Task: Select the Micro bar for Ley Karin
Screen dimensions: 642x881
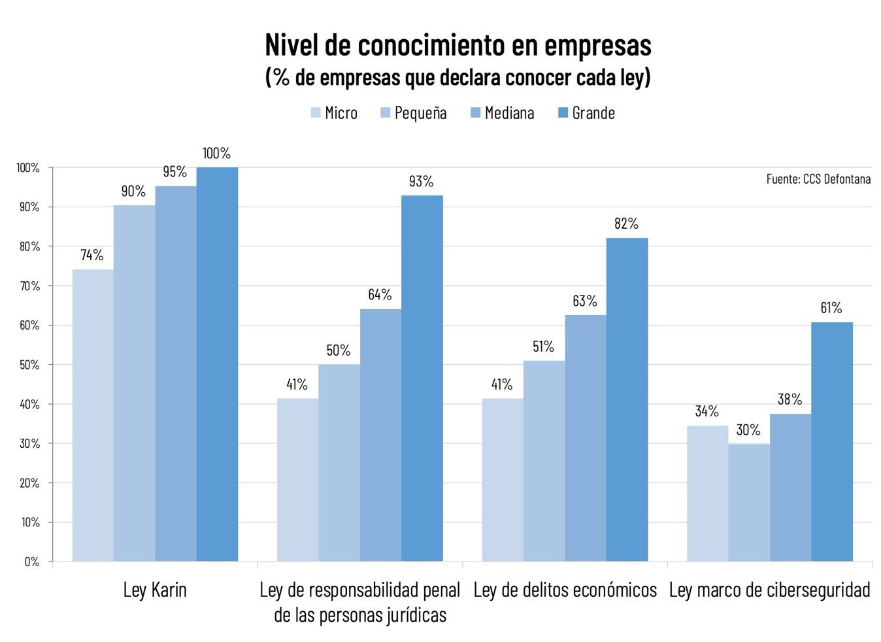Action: click(x=93, y=415)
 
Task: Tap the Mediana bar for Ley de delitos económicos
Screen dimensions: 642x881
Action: click(x=586, y=438)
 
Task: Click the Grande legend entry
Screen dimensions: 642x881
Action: click(x=586, y=113)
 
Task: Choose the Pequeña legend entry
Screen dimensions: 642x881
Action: click(x=413, y=113)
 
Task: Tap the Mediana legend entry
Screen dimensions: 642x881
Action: click(x=502, y=113)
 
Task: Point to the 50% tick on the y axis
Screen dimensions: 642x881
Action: click(x=27, y=365)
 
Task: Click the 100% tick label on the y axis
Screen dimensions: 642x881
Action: click(x=27, y=168)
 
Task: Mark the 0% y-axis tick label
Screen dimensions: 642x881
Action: click(x=31, y=562)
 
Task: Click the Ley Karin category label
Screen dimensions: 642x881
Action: click(x=155, y=590)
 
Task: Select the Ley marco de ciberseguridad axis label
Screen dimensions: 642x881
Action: click(x=769, y=590)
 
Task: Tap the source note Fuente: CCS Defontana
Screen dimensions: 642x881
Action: click(x=818, y=178)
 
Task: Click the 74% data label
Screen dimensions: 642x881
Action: click(x=92, y=255)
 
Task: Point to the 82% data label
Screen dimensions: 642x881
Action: click(x=626, y=224)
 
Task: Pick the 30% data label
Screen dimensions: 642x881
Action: click(x=748, y=430)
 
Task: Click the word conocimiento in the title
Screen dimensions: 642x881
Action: click(x=431, y=45)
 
